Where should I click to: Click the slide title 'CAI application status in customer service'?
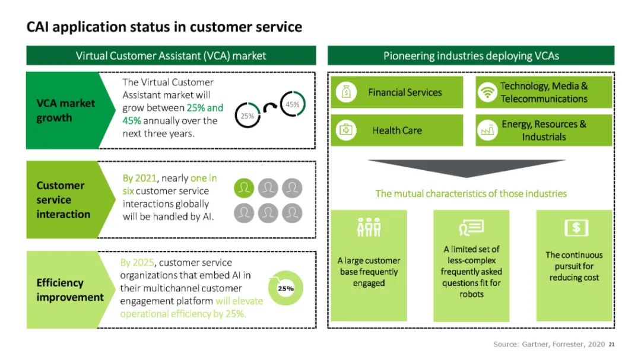[164, 27]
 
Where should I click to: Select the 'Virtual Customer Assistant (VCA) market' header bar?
[171, 56]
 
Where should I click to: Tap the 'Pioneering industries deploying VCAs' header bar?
[471, 56]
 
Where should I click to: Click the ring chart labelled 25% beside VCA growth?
[247, 116]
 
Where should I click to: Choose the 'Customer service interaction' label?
[63, 200]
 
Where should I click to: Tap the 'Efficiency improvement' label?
[70, 290]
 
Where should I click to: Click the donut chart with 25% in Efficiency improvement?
[285, 288]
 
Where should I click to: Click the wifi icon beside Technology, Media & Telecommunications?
[487, 93]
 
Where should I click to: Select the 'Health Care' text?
[397, 130]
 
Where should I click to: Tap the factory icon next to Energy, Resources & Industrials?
[487, 130]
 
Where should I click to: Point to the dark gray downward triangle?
[467, 168]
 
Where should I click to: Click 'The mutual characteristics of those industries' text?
[471, 193]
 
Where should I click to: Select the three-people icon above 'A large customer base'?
[369, 228]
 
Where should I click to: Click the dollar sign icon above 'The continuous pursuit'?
[575, 228]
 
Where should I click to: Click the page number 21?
[612, 344]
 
